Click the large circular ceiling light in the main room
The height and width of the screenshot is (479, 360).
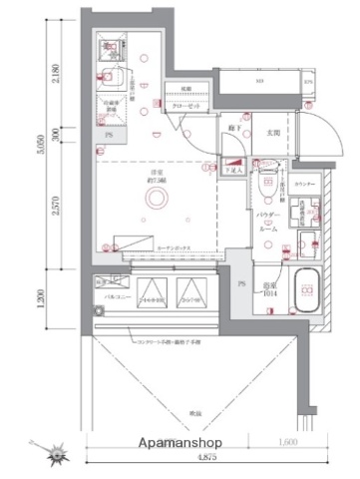tap(155, 201)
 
